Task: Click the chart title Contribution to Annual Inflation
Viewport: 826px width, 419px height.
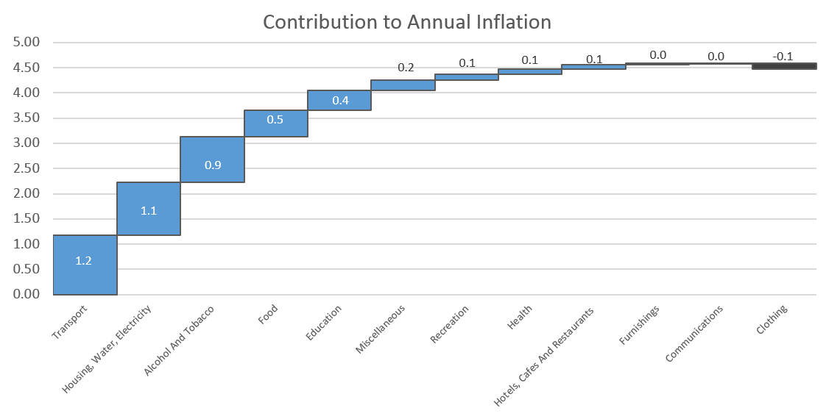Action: (406, 22)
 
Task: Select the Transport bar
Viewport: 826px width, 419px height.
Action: (85, 265)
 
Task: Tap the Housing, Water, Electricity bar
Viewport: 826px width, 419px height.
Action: (149, 209)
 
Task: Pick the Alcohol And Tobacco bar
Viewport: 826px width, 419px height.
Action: (212, 160)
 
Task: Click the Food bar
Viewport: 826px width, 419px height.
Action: (276, 123)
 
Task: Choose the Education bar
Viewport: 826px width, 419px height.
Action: (340, 101)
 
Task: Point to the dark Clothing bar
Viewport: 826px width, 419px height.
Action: (784, 66)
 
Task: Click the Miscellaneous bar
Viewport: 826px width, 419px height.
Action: (403, 85)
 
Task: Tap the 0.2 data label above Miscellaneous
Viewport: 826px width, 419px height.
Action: (406, 68)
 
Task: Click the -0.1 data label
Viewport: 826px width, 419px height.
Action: (783, 57)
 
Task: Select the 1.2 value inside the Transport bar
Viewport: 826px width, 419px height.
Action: (83, 261)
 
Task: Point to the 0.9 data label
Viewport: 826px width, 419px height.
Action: (213, 165)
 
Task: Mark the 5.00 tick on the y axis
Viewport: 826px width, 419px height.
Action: (26, 42)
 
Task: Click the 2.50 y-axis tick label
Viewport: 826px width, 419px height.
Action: (26, 168)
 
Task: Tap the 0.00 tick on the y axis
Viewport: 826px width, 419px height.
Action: (26, 294)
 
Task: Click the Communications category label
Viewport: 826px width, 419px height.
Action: (693, 334)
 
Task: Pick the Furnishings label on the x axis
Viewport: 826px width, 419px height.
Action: (638, 325)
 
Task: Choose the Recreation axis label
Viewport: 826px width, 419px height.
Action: (449, 324)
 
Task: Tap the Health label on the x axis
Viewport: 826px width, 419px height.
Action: (520, 317)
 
